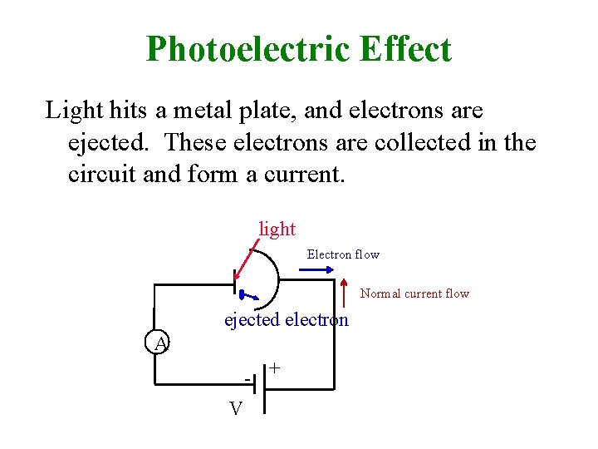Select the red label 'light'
coord(277,228)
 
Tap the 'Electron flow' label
coord(343,254)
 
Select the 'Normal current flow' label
coord(414,294)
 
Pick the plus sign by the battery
coord(274,367)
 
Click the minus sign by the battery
coord(247,379)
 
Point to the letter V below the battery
coord(236,409)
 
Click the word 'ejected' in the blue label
coord(252,320)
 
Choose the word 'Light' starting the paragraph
coord(69,110)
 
